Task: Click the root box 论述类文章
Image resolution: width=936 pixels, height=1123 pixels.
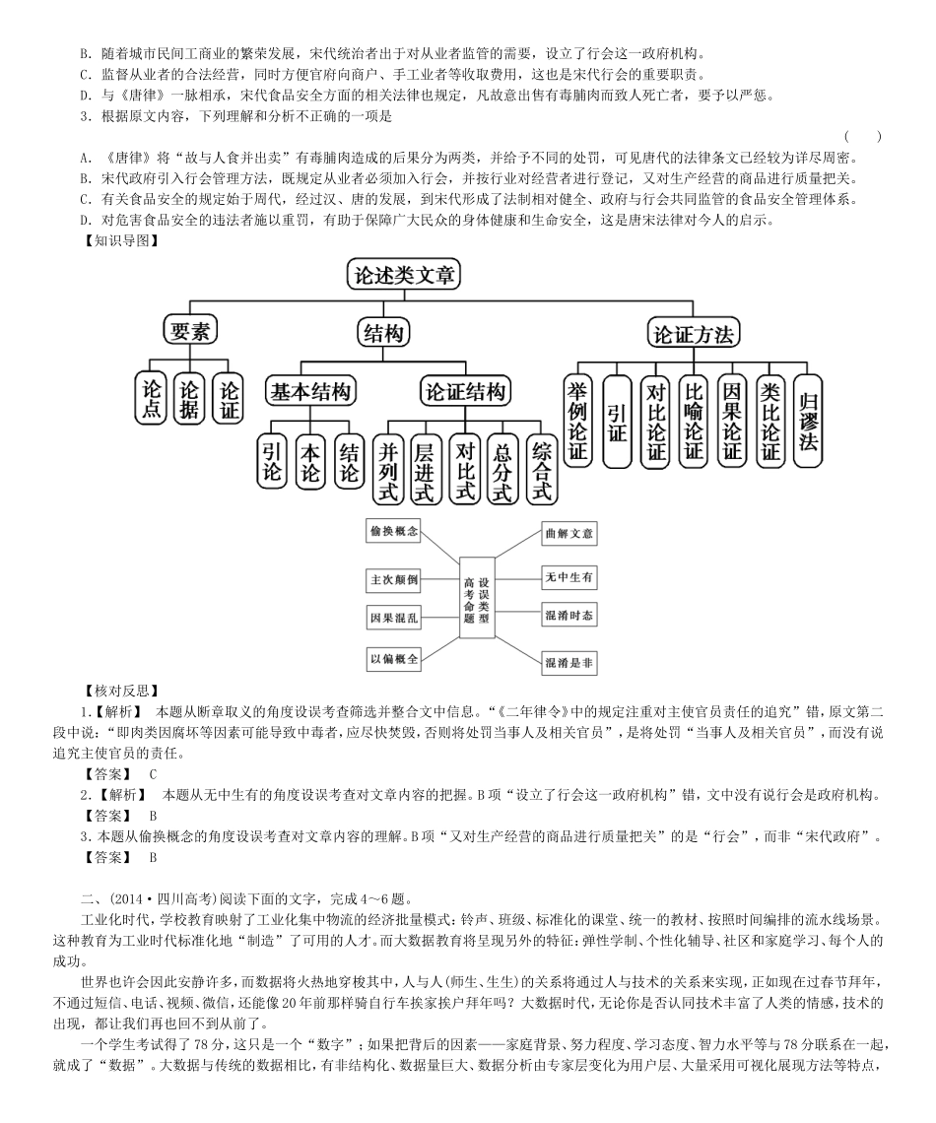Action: tap(404, 276)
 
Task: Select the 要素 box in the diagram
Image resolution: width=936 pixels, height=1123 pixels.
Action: tap(190, 331)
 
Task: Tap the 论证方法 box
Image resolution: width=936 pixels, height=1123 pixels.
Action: tap(693, 334)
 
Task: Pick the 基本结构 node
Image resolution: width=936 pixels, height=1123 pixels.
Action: tap(310, 391)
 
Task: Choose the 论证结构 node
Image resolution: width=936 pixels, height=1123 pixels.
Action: tap(465, 391)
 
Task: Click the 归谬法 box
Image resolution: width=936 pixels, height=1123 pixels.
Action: tap(808, 420)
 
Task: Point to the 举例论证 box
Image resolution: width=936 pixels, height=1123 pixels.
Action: tap(578, 421)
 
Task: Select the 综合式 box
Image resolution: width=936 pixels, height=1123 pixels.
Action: tap(541, 468)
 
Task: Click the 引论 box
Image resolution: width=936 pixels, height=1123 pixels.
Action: tap(272, 460)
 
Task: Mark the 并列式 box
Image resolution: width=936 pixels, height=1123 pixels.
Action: tap(389, 468)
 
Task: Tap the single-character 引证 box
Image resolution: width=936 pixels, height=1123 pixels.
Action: tap(617, 421)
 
